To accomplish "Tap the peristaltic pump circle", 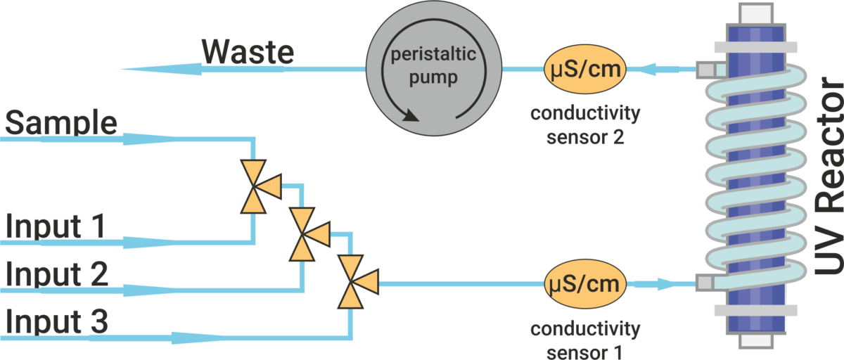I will point(432,70).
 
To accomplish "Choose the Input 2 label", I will point(57,274).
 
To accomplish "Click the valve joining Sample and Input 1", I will point(253,186).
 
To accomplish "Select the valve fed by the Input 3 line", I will point(351,283).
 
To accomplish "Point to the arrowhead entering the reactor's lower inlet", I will point(668,285).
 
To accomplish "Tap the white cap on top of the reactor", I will point(755,13).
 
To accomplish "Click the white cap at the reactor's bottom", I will point(755,342).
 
